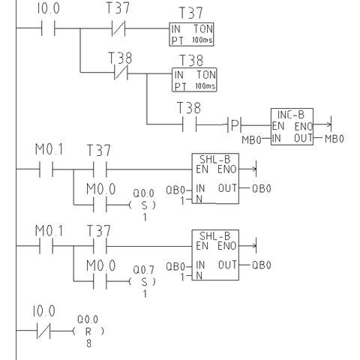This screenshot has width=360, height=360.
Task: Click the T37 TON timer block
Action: (191, 34)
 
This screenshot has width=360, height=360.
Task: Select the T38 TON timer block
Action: (194, 79)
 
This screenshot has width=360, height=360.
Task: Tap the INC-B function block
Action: (292, 127)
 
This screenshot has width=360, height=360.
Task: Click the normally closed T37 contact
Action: (118, 28)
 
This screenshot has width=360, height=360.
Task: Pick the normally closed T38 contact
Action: (121, 73)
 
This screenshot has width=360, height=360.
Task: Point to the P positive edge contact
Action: (234, 124)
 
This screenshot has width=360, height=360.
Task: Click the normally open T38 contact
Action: (190, 124)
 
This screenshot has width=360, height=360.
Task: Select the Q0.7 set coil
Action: (142, 282)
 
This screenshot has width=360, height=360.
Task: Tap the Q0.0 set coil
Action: (142, 205)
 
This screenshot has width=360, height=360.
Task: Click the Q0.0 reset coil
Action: (88, 331)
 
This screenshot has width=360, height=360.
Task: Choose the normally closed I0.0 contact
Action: (43, 331)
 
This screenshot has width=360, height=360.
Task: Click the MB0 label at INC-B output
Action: (334, 139)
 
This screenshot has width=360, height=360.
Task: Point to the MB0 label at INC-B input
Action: (251, 139)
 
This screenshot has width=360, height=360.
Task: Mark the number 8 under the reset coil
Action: (88, 343)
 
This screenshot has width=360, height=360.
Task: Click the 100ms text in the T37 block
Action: (202, 40)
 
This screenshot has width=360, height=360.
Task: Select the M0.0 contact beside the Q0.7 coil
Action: (100, 281)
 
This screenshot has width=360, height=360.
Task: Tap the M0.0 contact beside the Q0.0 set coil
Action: (100, 205)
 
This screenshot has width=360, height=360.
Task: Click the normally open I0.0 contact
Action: (48, 28)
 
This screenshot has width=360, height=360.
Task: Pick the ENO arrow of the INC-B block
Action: (322, 124)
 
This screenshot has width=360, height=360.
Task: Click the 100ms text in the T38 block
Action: (205, 85)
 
